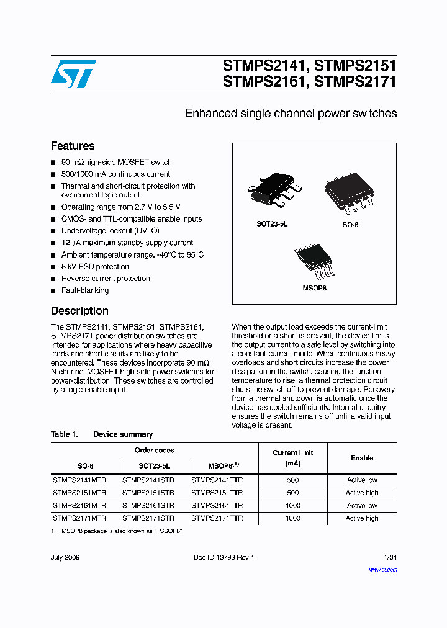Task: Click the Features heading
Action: [x=73, y=146]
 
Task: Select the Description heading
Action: [x=79, y=311]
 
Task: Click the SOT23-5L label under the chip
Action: [x=272, y=224]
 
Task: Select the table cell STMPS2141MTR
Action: [x=79, y=480]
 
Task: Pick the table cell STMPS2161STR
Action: [x=148, y=505]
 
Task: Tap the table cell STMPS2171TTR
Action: [x=217, y=518]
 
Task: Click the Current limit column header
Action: [x=293, y=458]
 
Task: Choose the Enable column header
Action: [x=362, y=458]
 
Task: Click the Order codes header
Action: [x=154, y=450]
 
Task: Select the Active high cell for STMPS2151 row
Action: [x=362, y=493]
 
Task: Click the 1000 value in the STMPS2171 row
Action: [x=293, y=518]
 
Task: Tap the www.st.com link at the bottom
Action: [x=382, y=569]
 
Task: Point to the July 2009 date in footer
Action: [x=65, y=557]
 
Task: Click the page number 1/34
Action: [x=390, y=557]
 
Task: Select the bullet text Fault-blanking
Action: [x=84, y=290]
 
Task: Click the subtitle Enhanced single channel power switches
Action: [x=291, y=114]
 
